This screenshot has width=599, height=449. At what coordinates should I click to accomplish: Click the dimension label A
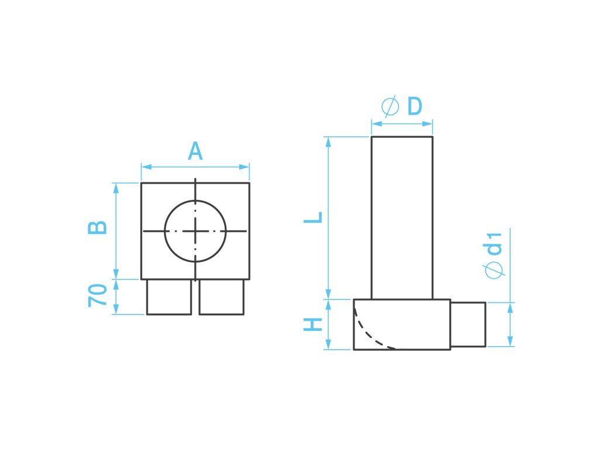pos(195,151)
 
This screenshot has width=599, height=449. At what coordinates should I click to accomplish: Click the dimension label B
pos(98,227)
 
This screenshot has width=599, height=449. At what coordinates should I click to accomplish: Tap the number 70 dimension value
pos(98,295)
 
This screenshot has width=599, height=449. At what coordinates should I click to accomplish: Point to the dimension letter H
pos(314,324)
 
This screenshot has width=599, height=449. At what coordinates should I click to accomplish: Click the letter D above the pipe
pos(415,106)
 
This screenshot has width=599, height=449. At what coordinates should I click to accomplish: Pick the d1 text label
pos(495,243)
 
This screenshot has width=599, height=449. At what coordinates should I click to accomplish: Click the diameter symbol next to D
pos(390,106)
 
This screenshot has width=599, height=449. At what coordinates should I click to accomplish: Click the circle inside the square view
pos(195,201)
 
